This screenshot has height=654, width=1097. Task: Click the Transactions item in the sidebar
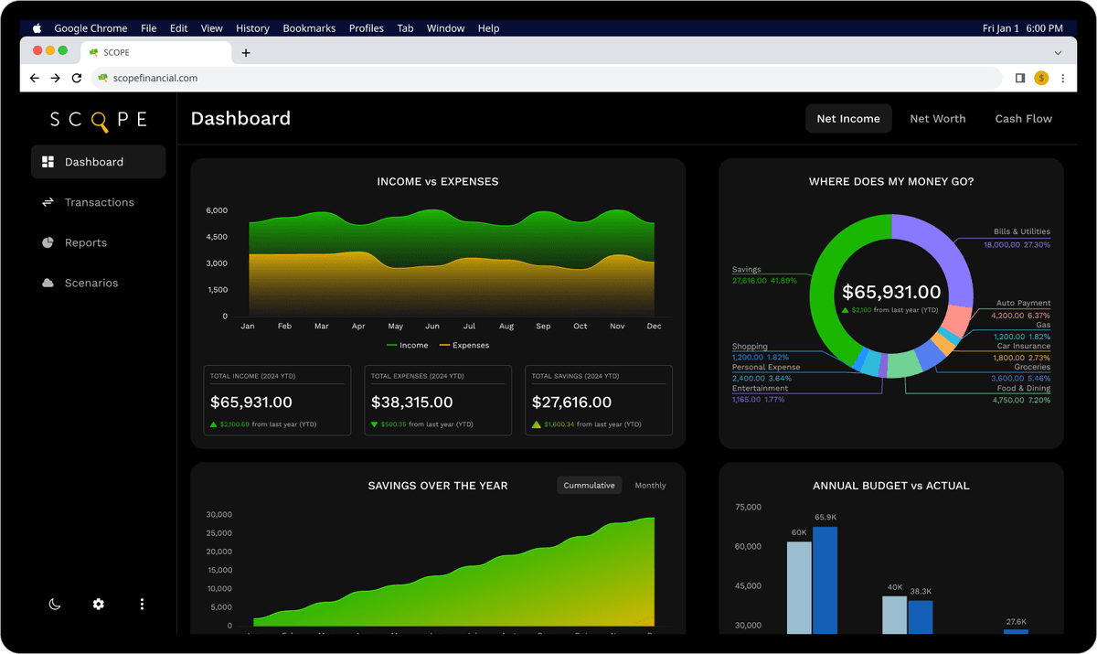point(99,202)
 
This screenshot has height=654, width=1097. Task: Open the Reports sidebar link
point(85,242)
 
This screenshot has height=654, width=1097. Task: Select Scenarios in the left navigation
point(91,283)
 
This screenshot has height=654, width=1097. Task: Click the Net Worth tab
point(937,119)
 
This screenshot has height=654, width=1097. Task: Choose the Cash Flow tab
point(1023,119)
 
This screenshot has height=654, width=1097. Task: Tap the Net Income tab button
point(847,119)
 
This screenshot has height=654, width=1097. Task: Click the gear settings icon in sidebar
point(98,605)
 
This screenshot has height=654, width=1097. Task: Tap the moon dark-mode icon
point(55,605)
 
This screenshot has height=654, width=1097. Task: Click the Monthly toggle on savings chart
point(650,486)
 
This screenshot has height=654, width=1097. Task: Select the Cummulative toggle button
point(589,486)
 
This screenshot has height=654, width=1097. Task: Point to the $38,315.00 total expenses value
point(411,402)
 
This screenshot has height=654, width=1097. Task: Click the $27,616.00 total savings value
point(572,402)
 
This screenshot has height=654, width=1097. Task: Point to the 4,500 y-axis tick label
point(217,237)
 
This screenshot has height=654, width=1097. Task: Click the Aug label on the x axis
point(506,327)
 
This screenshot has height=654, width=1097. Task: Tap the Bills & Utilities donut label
point(1021,232)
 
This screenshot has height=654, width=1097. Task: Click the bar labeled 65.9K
point(825,580)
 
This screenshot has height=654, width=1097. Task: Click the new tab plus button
point(246,53)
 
